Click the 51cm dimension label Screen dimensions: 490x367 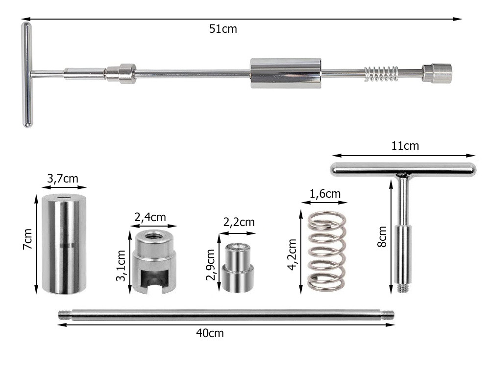pyautogui.click(x=223, y=29)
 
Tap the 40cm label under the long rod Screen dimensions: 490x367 pyautogui.click(x=210, y=333)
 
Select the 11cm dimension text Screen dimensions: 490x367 pyautogui.click(x=405, y=146)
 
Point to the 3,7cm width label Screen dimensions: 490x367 pyautogui.click(x=63, y=179)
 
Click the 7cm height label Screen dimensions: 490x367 pyautogui.click(x=27, y=238)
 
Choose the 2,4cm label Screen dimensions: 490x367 pyautogui.click(x=150, y=217)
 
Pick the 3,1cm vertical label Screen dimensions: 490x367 pyautogui.click(x=121, y=266)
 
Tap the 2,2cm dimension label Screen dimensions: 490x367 pyautogui.click(x=239, y=222)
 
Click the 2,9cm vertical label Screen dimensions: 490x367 pyautogui.click(x=211, y=265)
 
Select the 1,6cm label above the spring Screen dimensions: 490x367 pyautogui.click(x=325, y=194)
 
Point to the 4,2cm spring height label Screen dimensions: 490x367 pyautogui.click(x=292, y=254)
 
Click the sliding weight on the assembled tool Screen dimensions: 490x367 pyautogui.click(x=286, y=73)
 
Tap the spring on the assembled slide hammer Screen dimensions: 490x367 pyautogui.click(x=381, y=74)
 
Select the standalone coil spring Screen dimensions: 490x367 pyautogui.click(x=327, y=251)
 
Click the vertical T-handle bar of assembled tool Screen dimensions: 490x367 pyautogui.click(x=27, y=75)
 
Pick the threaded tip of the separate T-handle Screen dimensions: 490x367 pyautogui.click(x=403, y=288)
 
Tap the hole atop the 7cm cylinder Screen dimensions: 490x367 pyautogui.click(x=65, y=198)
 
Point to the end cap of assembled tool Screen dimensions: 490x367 pyautogui.click(x=437, y=73)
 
